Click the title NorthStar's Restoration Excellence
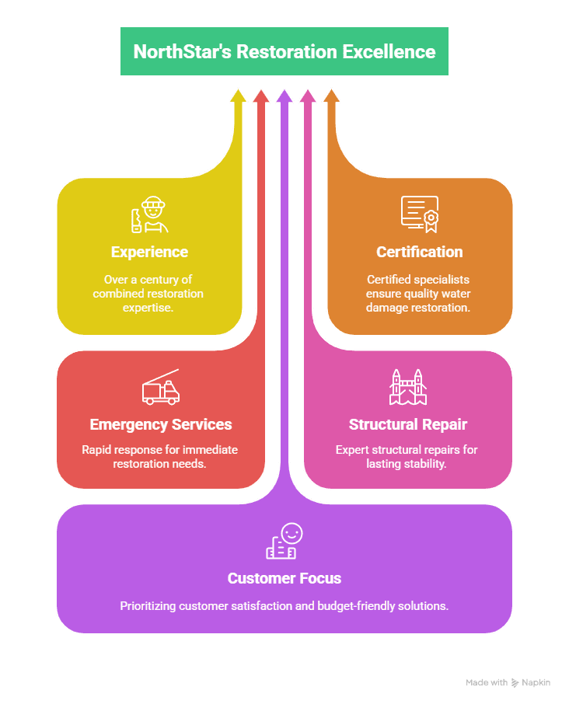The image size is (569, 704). point(284,51)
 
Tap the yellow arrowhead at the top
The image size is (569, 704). point(238,96)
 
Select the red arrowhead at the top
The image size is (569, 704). point(261,96)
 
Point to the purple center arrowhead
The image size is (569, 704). point(284,96)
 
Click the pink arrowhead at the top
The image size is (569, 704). point(308,96)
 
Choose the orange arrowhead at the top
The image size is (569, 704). point(331,96)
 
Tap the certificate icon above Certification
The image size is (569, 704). point(420,214)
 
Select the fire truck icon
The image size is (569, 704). point(161,388)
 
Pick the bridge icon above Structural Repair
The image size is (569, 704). point(408,387)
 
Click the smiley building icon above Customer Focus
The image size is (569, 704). point(284,542)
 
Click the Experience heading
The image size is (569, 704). point(149,252)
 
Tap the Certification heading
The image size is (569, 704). point(420,252)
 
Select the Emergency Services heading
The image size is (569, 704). point(161,424)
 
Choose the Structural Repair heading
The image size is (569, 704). point(408,424)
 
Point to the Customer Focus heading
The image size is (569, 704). point(284,578)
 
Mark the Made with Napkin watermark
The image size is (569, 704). point(508,682)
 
